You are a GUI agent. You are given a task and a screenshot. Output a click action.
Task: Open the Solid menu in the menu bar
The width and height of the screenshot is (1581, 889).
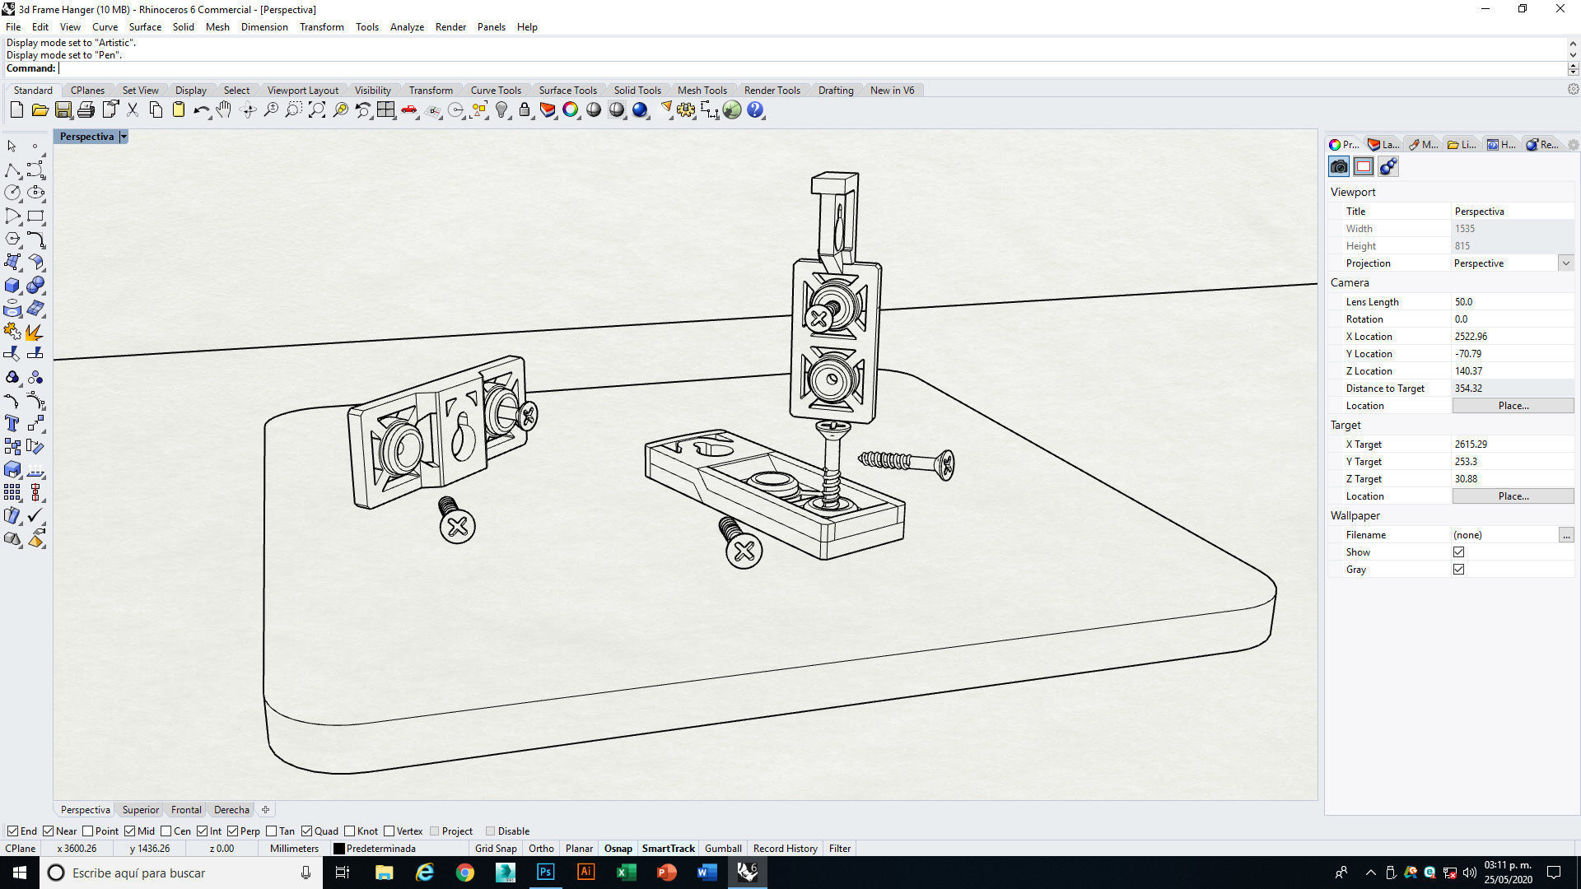[x=183, y=27]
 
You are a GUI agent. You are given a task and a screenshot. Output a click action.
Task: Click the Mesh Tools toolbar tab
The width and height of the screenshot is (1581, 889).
[x=702, y=91]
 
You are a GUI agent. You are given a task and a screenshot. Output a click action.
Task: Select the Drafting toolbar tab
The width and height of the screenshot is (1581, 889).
[x=835, y=91]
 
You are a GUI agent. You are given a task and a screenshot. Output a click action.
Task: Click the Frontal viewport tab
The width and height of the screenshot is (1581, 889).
[x=186, y=810]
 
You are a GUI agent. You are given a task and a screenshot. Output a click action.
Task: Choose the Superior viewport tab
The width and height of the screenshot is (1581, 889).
[x=140, y=810]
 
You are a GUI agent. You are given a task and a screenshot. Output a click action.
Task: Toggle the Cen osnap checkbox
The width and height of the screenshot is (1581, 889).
[x=166, y=831]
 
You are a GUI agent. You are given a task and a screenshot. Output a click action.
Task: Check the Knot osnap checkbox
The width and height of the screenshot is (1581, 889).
[x=350, y=831]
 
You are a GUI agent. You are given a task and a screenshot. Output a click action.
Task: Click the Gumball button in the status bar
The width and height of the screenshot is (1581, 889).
[x=723, y=849]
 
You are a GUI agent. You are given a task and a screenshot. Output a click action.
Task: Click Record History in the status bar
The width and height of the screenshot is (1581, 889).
[x=785, y=849]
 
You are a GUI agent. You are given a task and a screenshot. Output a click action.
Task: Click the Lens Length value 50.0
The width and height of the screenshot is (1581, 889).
[x=1464, y=302]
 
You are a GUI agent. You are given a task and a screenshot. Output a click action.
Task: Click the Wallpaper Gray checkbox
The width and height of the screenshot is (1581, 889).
[x=1458, y=570]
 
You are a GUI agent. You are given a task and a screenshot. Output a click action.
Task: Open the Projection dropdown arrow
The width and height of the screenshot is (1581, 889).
[x=1565, y=263]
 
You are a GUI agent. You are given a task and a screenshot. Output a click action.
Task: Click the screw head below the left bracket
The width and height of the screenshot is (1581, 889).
[x=457, y=525]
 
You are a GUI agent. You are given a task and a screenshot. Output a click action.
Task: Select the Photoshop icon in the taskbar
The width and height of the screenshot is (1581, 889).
[x=545, y=873]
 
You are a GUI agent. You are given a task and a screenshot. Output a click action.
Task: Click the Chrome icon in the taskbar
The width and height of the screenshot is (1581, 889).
[x=465, y=873]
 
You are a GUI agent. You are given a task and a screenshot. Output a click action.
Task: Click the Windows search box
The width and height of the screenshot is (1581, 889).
[x=181, y=873]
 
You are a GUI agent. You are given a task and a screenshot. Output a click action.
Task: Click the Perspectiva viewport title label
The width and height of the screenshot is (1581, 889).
[x=86, y=137]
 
